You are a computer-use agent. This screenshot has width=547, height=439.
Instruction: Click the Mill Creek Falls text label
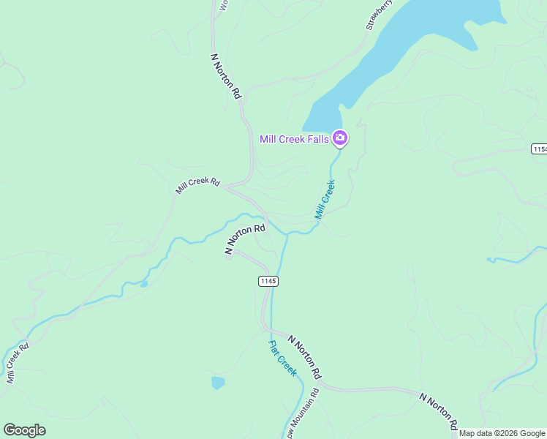click(293, 139)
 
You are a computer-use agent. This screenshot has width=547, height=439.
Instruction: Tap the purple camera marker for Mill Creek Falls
click(340, 138)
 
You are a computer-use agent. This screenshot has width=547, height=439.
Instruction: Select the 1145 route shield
click(268, 281)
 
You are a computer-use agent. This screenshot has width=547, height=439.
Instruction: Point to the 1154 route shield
click(539, 149)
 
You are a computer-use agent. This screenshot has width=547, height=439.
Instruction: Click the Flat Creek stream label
click(282, 359)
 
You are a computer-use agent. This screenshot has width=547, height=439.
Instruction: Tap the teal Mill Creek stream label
click(325, 199)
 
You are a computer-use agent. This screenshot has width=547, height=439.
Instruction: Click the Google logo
click(24, 430)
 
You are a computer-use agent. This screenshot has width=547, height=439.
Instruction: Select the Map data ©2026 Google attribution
click(502, 433)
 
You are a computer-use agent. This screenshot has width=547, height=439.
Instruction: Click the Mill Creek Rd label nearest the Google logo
click(17, 362)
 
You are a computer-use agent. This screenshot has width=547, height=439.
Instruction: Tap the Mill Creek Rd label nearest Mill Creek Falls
click(197, 185)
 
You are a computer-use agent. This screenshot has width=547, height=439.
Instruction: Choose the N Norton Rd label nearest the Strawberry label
click(225, 75)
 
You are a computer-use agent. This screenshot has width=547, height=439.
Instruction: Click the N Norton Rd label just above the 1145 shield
click(245, 239)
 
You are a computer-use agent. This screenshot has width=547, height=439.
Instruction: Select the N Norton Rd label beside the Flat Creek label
click(305, 357)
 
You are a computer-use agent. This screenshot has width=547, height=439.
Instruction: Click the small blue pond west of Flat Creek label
click(218, 383)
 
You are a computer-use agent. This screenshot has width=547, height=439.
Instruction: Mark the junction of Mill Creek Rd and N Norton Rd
click(226, 188)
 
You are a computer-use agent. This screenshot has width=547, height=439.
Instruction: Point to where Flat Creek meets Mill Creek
click(286, 234)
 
